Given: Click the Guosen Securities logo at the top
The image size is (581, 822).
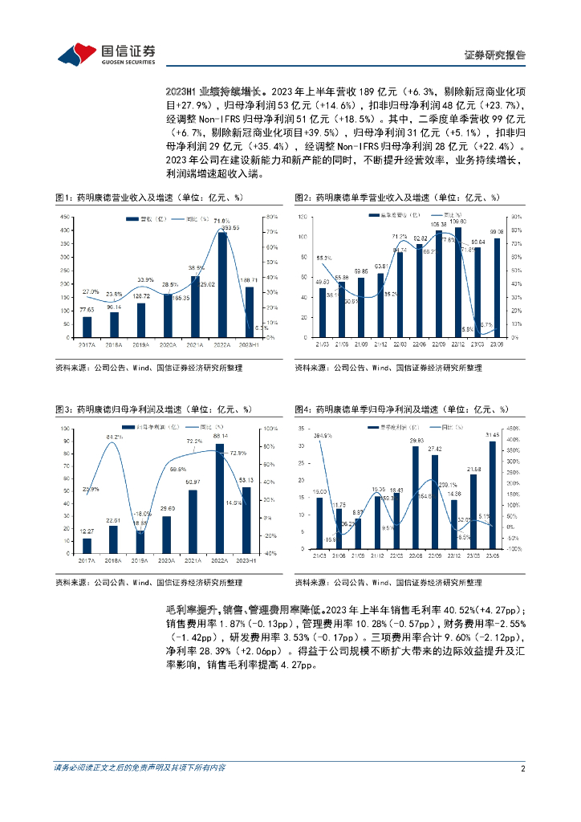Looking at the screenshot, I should pos(106,54).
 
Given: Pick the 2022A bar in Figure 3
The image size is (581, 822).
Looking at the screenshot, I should pos(220,498).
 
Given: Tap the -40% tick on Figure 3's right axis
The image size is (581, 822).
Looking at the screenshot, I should pos(271,552).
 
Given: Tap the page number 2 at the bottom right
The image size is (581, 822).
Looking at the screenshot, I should pos(523,768).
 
